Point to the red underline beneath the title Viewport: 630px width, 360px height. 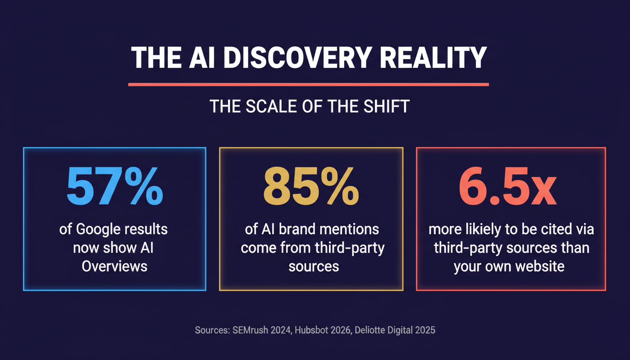pos(308,84)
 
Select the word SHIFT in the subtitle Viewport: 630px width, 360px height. pos(387,106)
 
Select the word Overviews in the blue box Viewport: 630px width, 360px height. pos(114,266)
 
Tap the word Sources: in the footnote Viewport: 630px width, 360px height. pos(212,330)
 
